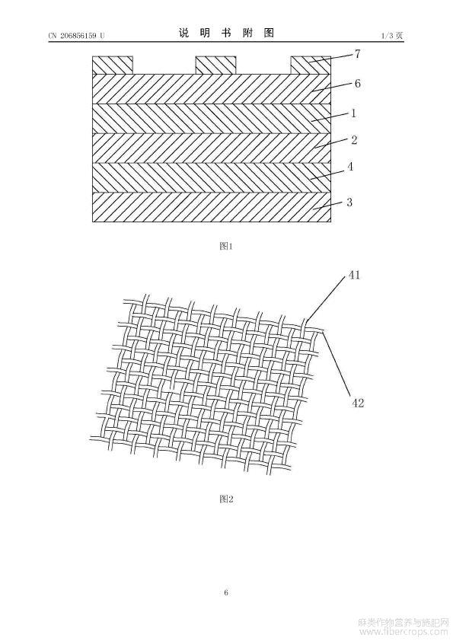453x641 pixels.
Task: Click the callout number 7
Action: point(357,54)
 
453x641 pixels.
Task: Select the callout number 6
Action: point(357,84)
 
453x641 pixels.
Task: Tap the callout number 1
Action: point(354,113)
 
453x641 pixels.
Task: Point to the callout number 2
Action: point(354,140)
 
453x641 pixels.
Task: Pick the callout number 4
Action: point(350,167)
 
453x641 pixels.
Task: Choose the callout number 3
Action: point(349,203)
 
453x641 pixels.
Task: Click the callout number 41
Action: point(354,275)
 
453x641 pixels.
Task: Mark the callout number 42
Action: point(358,403)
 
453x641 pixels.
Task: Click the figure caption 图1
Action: point(226,246)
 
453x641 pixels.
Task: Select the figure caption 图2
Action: point(226,499)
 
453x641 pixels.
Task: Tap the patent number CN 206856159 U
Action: point(76,36)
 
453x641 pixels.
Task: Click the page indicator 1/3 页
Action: point(392,36)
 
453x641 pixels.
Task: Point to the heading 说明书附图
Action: point(226,33)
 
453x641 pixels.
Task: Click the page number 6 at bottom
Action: point(226,592)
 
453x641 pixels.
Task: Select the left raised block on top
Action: point(113,65)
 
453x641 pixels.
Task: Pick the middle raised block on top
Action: point(216,65)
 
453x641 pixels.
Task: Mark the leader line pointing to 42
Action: point(337,363)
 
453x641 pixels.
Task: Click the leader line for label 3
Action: point(329,206)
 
